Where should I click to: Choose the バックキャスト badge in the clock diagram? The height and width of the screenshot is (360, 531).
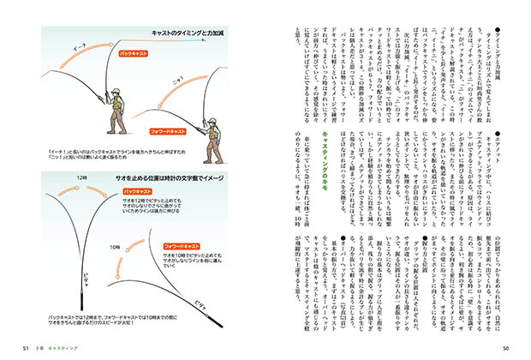pyautogui.click(x=140, y=194)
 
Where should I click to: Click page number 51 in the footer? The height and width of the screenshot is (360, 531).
pyautogui.click(x=27, y=348)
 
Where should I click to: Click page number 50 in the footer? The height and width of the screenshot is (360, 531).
pyautogui.click(x=505, y=348)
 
